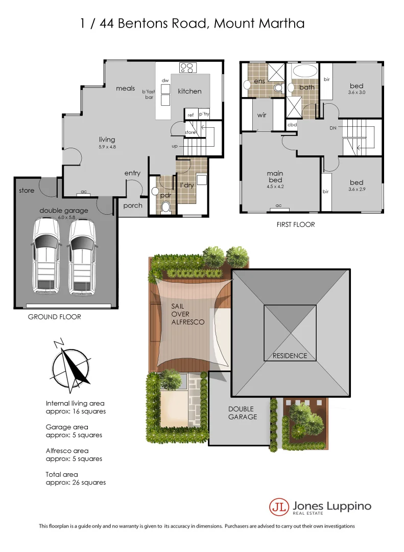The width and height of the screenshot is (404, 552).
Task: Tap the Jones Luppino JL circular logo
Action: (x=279, y=507)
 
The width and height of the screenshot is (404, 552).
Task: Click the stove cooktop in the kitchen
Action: (x=187, y=67)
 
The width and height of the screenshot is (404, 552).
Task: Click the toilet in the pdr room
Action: (x=165, y=206)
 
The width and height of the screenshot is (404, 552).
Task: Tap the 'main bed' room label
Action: (x=275, y=177)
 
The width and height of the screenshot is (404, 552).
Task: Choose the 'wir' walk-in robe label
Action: (x=262, y=116)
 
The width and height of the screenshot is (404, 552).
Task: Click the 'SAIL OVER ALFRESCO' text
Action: (x=188, y=314)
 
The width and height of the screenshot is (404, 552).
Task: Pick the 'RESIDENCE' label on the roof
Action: (x=290, y=356)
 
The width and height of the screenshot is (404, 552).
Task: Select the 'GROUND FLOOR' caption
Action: (x=54, y=317)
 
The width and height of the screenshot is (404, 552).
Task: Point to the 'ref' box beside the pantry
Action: (x=191, y=115)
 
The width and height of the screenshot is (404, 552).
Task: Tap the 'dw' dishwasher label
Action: (x=165, y=81)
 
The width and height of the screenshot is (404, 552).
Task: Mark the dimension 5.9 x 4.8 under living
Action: (x=107, y=147)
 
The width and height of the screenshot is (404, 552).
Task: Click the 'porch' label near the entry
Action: (x=133, y=205)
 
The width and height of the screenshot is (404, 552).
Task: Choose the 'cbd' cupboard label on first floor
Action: (x=292, y=125)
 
